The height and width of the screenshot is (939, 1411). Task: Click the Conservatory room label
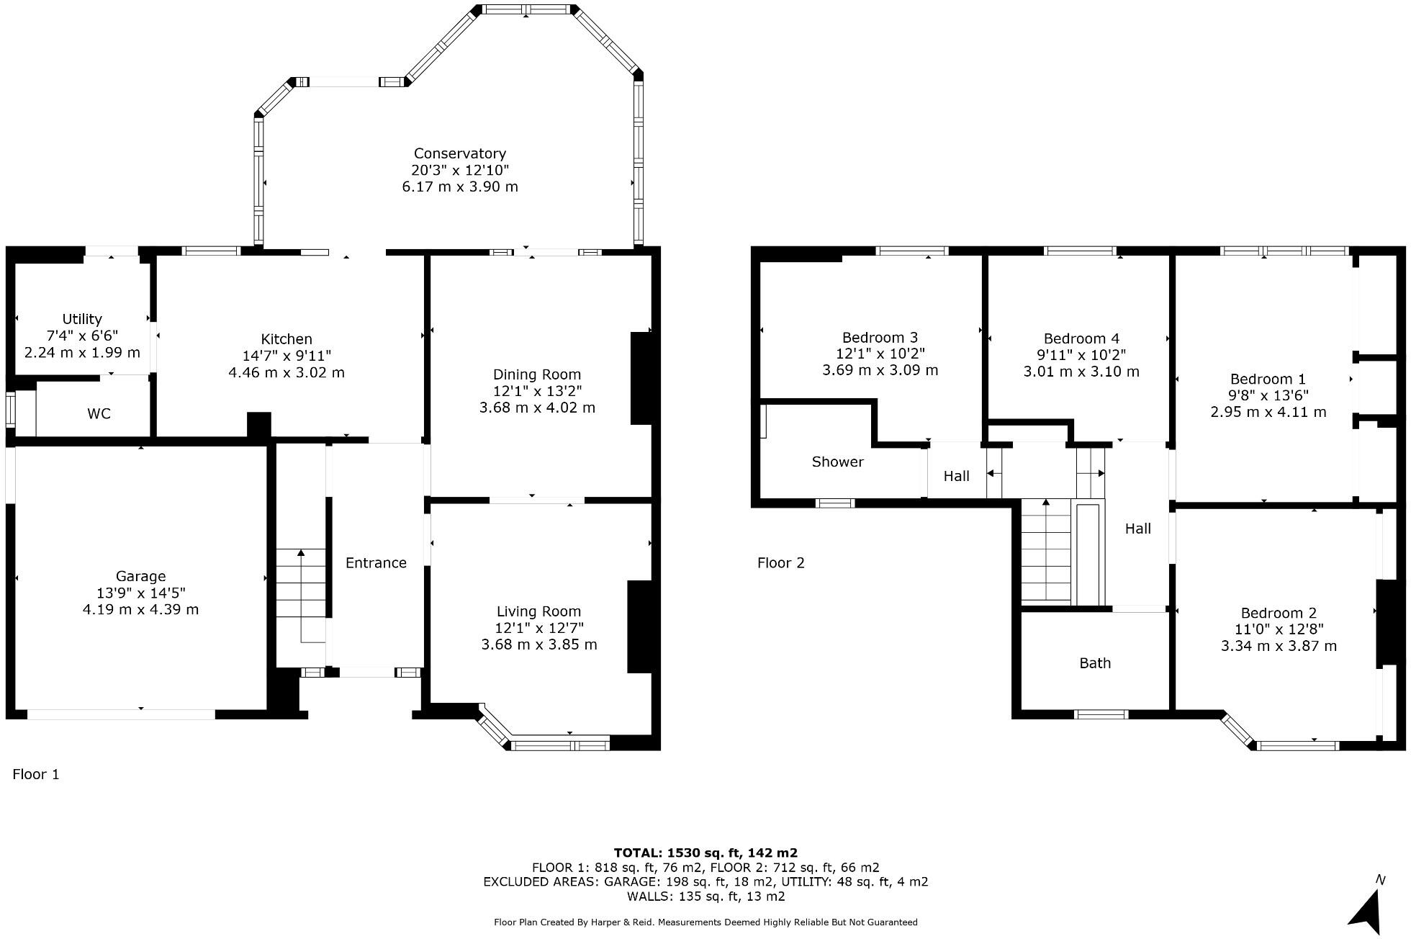(x=459, y=153)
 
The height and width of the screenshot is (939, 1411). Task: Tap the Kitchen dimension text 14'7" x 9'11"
(x=287, y=356)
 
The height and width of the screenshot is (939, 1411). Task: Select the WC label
(x=99, y=414)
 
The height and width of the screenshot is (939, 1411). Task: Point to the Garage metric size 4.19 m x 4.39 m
(x=140, y=609)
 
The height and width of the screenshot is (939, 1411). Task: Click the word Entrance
(x=376, y=563)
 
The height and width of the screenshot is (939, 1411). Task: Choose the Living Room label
(x=538, y=611)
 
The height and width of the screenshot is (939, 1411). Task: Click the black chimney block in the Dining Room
(x=641, y=378)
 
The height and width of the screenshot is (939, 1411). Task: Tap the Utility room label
(x=82, y=319)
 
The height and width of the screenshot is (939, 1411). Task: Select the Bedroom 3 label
(x=880, y=338)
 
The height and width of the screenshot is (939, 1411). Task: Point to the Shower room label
(x=837, y=462)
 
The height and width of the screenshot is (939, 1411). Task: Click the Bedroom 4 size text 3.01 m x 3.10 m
(x=1081, y=372)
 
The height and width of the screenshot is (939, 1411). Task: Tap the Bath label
(x=1095, y=663)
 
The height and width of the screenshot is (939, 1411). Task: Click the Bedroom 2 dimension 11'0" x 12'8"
(x=1279, y=629)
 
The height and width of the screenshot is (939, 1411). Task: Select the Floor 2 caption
(x=780, y=563)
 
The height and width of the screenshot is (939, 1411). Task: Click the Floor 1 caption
(x=36, y=774)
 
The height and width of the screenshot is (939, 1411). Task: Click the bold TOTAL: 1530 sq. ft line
(x=705, y=853)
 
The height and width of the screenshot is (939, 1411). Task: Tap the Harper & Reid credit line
(x=705, y=922)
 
